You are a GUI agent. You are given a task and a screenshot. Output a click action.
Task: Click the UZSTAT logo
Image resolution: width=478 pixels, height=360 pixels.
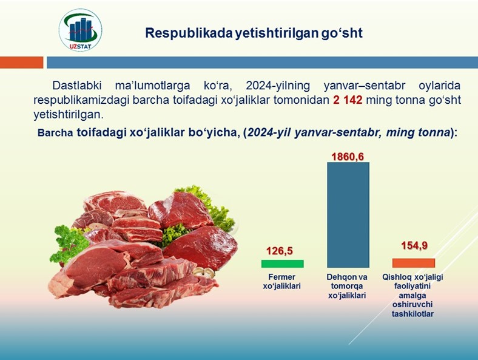point(81,30)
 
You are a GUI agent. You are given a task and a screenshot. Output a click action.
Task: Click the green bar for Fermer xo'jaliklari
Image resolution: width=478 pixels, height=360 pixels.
point(282,263)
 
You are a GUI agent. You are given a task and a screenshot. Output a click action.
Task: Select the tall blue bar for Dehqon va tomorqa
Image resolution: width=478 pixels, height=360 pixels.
point(348,215)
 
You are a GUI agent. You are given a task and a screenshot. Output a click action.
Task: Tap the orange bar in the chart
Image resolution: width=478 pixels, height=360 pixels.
point(414,263)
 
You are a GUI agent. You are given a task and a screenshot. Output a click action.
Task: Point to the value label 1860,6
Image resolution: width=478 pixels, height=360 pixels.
point(348,157)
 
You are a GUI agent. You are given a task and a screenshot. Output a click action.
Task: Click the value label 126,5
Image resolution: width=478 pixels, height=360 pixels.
point(280,251)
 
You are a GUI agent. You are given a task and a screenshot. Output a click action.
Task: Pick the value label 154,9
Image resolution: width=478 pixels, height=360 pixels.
point(414,245)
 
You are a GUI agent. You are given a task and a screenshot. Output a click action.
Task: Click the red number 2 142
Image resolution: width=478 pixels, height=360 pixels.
point(348,100)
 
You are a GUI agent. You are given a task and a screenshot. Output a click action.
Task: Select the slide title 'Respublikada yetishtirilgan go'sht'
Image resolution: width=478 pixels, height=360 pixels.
point(254,33)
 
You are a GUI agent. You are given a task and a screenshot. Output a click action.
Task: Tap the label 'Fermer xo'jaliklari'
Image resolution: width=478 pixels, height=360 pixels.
point(281,281)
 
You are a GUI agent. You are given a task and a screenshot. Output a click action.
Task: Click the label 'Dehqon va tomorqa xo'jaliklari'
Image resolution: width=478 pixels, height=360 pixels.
point(347,286)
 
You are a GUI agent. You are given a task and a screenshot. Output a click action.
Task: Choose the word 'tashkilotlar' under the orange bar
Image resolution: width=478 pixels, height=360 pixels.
point(412,314)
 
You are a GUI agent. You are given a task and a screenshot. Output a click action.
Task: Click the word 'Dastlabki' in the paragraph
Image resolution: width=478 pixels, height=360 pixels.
point(77,86)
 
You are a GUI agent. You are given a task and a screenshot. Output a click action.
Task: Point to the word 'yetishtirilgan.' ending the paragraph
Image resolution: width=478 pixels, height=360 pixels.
point(69,114)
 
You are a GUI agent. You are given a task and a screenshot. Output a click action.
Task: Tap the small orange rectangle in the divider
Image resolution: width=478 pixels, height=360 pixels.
point(22,63)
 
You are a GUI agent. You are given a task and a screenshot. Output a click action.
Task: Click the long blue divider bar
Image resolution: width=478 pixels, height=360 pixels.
point(262,63)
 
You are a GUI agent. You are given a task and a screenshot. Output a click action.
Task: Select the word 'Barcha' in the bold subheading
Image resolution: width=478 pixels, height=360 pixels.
point(55,133)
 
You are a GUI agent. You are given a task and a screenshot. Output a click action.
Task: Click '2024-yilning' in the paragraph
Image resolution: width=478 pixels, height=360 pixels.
point(278,86)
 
